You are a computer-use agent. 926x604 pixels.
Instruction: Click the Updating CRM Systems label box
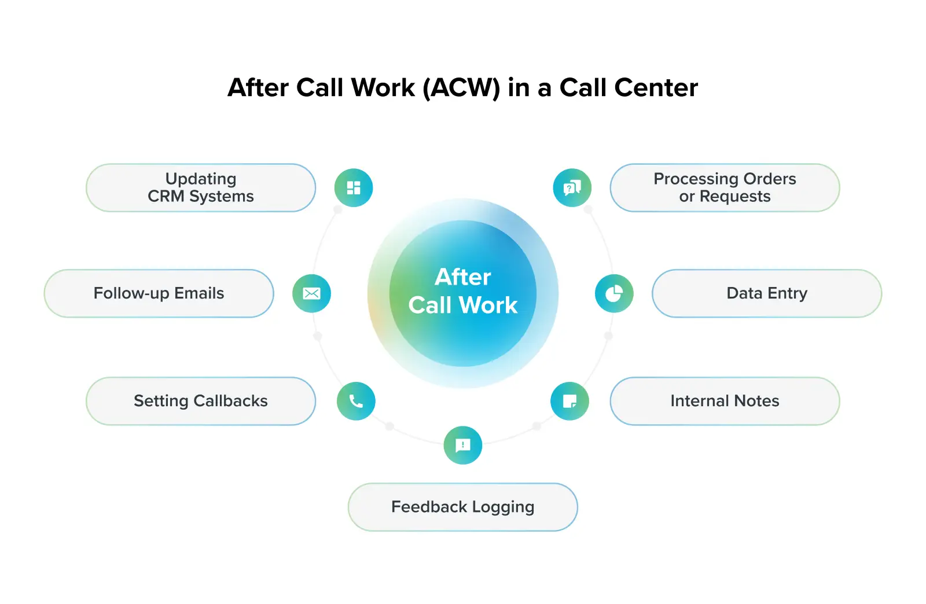pos(201,187)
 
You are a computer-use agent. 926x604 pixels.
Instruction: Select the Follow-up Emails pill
pos(159,293)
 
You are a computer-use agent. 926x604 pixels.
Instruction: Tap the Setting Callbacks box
pos(201,401)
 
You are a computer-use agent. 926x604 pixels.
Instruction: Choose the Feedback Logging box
pos(462,507)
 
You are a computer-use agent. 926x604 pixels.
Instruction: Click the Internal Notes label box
pos(725,401)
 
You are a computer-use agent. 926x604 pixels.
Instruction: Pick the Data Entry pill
pos(766,293)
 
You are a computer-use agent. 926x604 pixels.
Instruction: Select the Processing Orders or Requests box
pos(725,187)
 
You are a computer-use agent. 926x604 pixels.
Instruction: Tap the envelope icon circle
pos(311,293)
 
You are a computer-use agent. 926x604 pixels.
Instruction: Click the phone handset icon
pos(356,401)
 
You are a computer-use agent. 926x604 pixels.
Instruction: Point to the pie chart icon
pos(614,293)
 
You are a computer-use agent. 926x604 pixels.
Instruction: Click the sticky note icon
pos(569,401)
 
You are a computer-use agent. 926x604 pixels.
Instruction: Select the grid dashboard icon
pos(354,187)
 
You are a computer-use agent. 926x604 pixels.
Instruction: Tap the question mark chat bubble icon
pos(572,187)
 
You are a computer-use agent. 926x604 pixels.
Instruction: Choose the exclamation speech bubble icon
pos(462,445)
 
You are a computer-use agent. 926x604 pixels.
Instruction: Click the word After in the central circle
pos(462,277)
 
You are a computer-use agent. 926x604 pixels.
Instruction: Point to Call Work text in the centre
pos(462,305)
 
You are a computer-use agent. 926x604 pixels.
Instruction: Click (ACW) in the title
pos(461,88)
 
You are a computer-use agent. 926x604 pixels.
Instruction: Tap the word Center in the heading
pos(656,88)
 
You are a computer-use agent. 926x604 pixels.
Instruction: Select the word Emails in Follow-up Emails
pos(199,293)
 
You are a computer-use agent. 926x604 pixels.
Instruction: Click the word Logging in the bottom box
pos(503,507)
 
